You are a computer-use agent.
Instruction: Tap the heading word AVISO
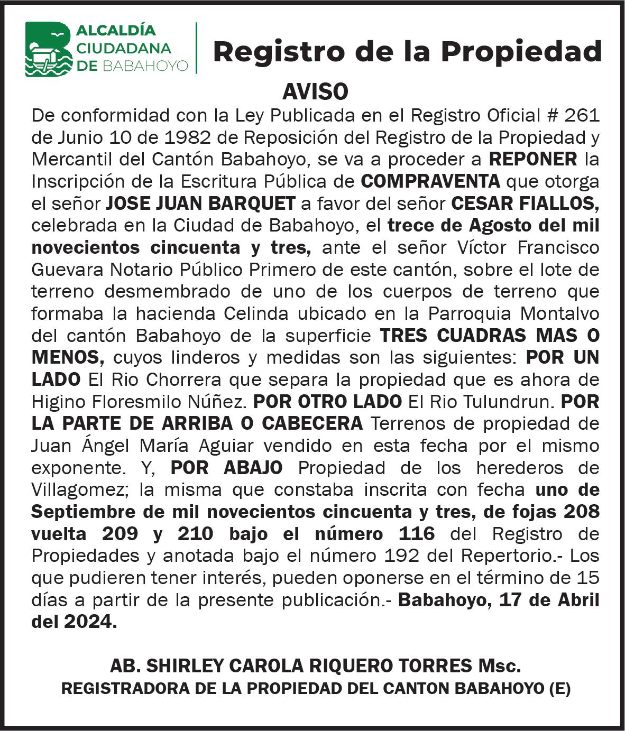click(x=315, y=92)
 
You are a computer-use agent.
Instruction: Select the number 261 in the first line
click(x=582, y=115)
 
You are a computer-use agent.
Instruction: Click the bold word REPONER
click(x=533, y=159)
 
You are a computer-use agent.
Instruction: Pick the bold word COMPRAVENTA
click(x=430, y=181)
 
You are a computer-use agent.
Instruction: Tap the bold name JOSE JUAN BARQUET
click(x=200, y=203)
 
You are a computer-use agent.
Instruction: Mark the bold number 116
click(x=417, y=534)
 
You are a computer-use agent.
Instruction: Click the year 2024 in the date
click(x=88, y=622)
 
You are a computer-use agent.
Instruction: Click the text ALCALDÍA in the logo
click(x=116, y=30)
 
